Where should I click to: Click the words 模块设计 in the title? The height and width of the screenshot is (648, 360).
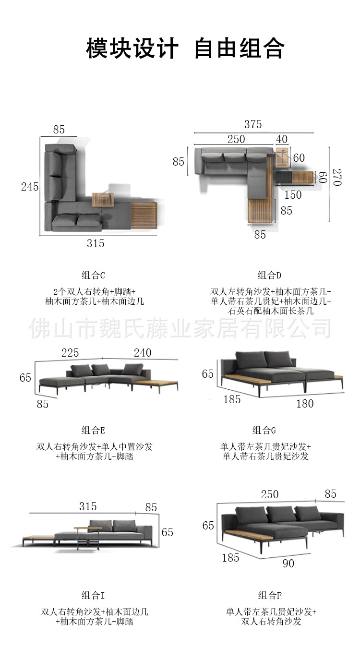132,49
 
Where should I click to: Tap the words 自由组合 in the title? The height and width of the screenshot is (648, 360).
239,49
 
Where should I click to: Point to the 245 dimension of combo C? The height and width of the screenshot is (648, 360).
29,187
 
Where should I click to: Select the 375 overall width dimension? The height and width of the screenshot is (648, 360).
253,125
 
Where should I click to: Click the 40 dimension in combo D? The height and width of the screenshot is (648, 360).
282,139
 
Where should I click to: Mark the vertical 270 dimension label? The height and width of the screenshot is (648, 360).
337,178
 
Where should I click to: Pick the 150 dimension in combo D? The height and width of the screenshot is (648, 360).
293,195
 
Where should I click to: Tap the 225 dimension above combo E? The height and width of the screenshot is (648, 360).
70,353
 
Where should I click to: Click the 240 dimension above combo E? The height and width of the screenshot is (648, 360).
143,353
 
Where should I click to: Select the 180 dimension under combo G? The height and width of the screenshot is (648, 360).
305,404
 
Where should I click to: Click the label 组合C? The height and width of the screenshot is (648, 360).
93,275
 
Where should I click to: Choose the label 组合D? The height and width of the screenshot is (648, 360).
269,275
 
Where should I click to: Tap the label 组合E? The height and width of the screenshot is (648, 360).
93,430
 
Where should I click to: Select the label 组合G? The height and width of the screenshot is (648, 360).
264,430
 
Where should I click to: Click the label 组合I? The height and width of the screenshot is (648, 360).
93,596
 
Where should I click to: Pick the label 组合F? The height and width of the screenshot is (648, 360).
269,596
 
